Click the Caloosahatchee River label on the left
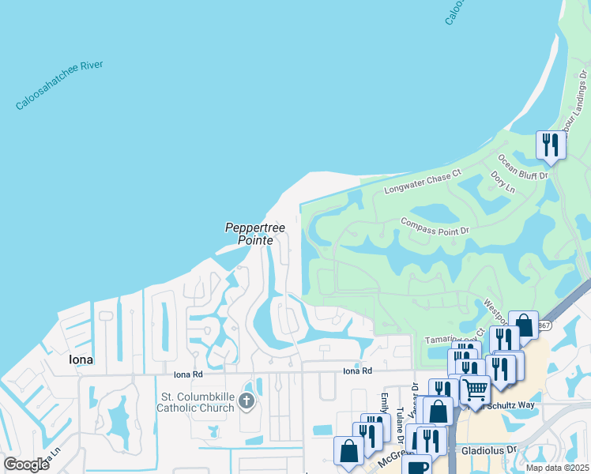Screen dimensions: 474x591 tap(70, 85)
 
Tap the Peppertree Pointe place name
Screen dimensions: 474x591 tap(249, 234)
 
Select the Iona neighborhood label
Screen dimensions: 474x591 tap(76, 359)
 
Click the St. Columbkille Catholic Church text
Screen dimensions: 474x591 tap(196, 402)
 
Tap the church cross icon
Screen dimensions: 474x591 tap(247, 402)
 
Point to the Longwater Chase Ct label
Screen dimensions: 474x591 tap(422, 182)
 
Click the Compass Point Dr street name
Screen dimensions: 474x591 tap(435, 226)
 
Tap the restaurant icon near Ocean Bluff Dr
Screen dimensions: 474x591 tap(550, 145)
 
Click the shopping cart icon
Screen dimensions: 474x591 tap(475, 389)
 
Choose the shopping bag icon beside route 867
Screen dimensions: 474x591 tap(523, 324)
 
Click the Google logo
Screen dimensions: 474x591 tap(27, 464)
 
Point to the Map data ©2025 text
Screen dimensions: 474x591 tap(556, 468)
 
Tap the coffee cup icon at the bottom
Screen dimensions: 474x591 tap(417, 465)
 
